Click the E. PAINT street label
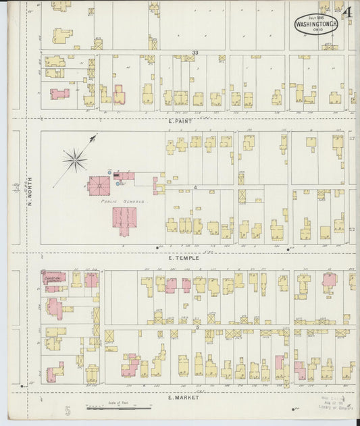[x=180, y=121]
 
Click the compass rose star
[x=75, y=160]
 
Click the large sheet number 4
[x=346, y=13]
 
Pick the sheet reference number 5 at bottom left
[x=68, y=410]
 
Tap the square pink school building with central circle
[x=99, y=185]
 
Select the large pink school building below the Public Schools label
[x=125, y=220]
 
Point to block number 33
[x=195, y=52]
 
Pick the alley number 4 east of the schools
[x=195, y=186]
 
